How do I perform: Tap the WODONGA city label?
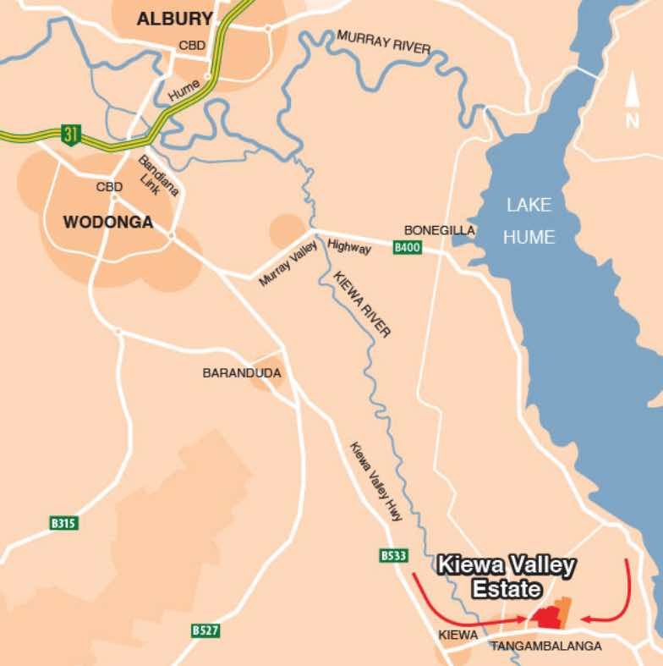pos(108,223)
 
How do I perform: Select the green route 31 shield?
pos(70,134)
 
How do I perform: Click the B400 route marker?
pos(407,248)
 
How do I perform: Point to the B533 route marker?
pos(394,556)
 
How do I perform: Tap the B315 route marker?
pos(63,524)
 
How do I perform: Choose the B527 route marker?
pos(205,630)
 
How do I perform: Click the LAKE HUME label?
pos(529,220)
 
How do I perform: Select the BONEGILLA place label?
pos(440,230)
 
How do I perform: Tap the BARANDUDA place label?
pos(242,372)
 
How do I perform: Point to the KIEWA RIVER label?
pos(362,305)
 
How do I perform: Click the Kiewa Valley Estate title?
pos(506,575)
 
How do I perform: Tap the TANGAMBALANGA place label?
pos(545,646)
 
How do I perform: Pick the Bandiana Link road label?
pos(159,176)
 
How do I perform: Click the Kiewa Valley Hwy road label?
pos(375,481)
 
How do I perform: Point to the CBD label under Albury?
pos(192,45)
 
